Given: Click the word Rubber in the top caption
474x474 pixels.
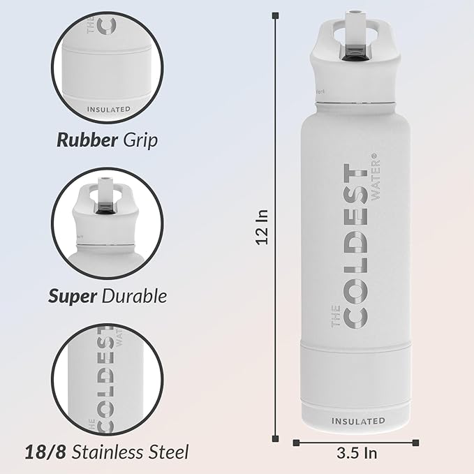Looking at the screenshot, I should coord(87,140).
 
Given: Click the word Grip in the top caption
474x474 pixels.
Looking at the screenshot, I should coord(140,140).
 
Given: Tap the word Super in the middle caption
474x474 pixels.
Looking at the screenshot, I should coord(72,295).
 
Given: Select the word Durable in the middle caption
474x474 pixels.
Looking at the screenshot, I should coord(135,295).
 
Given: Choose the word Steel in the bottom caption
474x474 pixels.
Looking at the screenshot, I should coord(168,452).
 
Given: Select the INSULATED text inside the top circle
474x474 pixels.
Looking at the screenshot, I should coord(109,109).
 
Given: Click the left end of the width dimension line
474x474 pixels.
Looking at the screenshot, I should coord(295,441).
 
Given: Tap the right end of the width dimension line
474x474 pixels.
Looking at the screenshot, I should coord(417,441).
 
